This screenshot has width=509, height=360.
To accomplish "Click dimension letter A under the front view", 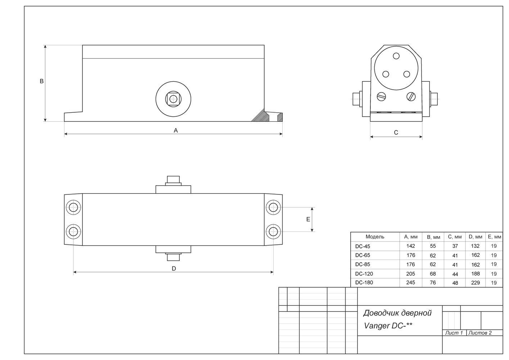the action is coord(176,130).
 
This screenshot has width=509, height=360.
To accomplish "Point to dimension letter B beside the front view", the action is coord(42,81).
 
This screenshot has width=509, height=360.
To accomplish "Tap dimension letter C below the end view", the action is coord(396,132).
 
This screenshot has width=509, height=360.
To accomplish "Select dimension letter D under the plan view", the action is coord(174,269).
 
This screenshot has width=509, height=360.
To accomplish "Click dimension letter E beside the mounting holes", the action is coord(308,219).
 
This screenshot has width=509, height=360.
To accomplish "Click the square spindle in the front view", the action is coord(174,99).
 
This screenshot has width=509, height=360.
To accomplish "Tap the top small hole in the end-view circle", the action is coord(396,56).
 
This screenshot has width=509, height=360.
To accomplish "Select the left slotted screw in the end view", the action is coord(381,96).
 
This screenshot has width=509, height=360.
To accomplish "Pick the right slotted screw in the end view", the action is coord(411,96).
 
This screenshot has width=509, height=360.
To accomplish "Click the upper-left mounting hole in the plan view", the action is coord(73,207).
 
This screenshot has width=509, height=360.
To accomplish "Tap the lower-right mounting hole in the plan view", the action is coord(273,231).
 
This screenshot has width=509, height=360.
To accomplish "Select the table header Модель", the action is coord(375,237).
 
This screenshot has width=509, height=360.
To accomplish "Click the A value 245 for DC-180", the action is coord(411,283).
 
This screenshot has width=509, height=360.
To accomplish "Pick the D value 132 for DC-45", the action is coord(475,246).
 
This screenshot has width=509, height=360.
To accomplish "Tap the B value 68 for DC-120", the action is coord(433,274).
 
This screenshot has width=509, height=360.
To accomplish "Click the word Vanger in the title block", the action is coord(377,326).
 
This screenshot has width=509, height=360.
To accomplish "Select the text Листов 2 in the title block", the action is coord(480,333).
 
